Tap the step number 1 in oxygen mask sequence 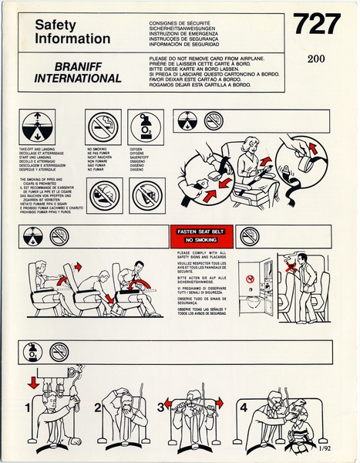pos(28,407)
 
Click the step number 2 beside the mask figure pos(98,407)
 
